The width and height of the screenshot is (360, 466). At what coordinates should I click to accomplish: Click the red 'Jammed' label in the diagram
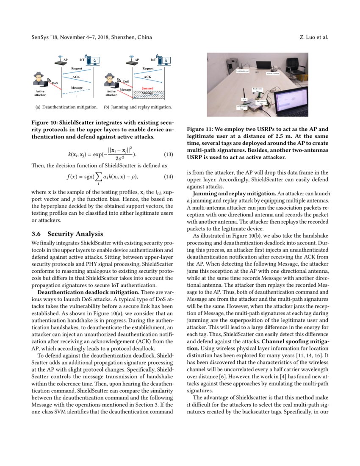point(147,89)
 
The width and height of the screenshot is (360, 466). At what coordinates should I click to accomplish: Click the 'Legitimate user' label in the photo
point(242,71)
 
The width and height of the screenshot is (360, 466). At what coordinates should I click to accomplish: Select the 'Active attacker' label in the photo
point(273,73)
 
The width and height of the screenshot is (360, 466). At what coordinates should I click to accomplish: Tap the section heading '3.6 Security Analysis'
point(67,234)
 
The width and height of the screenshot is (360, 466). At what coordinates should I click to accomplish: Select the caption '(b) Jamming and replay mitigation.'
point(138,107)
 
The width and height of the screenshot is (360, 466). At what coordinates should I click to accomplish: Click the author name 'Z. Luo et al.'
point(313,37)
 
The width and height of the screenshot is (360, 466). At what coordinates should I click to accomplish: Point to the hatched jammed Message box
point(147,94)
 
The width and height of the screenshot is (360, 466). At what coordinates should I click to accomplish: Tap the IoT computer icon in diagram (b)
point(161,61)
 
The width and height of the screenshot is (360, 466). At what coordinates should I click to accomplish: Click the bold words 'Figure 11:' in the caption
point(200,129)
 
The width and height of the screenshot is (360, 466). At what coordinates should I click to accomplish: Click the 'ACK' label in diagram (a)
point(76,77)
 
